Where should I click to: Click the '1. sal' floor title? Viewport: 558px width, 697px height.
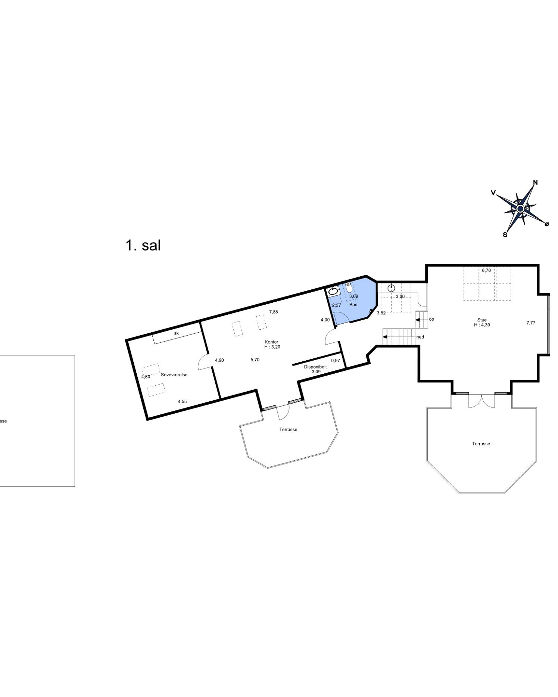click(143, 246)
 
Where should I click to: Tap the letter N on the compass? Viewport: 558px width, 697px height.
click(535, 183)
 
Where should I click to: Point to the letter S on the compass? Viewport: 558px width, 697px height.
click(505, 235)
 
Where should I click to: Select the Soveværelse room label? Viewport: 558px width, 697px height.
click(174, 375)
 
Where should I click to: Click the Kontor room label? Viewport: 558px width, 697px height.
click(271, 342)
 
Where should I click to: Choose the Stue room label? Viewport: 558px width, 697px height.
click(482, 320)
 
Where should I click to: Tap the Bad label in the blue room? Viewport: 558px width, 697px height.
click(353, 305)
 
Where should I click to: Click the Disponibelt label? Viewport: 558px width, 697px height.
click(315, 367)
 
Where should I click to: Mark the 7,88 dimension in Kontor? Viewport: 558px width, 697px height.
click(273, 312)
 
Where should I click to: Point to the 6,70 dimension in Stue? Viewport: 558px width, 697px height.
click(486, 271)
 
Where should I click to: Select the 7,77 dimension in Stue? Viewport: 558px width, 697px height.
click(531, 323)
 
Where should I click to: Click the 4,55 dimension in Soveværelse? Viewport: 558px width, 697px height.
click(182, 402)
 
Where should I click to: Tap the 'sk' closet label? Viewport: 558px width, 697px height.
click(176, 333)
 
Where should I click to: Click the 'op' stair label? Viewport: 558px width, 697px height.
click(431, 319)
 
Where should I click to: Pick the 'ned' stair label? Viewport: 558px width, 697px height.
click(420, 337)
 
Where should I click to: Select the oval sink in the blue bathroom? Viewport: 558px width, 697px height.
click(333, 292)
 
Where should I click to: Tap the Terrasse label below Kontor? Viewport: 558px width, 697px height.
click(288, 430)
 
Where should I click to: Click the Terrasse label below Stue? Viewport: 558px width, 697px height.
click(481, 444)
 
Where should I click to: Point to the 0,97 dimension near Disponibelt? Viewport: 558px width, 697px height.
click(336, 361)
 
